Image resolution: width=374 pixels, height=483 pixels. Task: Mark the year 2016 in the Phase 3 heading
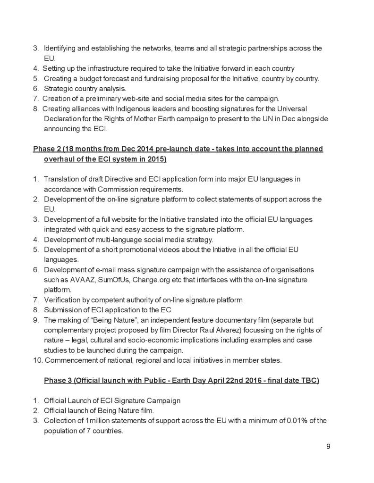point(248,380)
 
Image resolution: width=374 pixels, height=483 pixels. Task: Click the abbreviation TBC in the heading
point(310,380)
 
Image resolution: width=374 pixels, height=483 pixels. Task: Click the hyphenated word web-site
point(135,99)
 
